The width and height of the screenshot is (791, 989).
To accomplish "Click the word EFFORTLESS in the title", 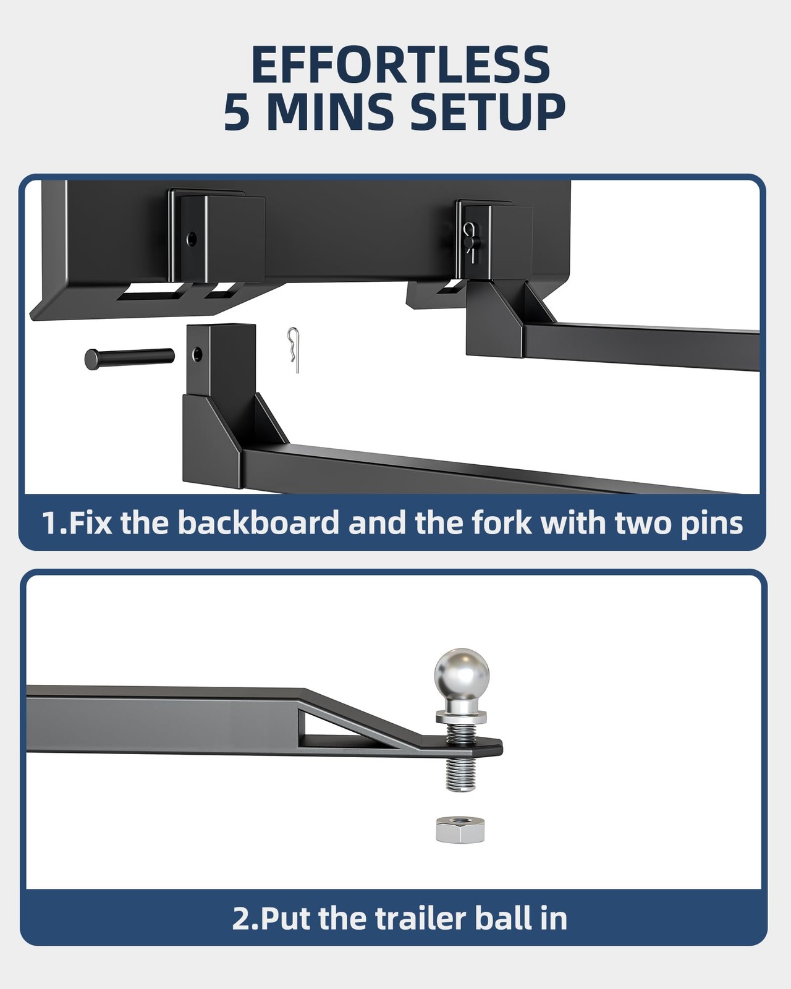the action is pyautogui.click(x=400, y=65).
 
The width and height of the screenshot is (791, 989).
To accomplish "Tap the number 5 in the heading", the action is pyautogui.click(x=238, y=112).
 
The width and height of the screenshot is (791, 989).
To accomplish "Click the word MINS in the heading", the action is pyautogui.click(x=330, y=112).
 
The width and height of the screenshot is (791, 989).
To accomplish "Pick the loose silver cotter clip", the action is pyautogui.click(x=294, y=350).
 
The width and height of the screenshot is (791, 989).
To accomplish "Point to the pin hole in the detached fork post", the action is pyautogui.click(x=197, y=354).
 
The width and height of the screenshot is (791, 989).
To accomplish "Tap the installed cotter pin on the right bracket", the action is pyautogui.click(x=471, y=240).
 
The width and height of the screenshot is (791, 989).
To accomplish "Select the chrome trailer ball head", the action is pyautogui.click(x=462, y=675).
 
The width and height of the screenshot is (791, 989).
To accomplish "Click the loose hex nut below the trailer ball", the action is pyautogui.click(x=460, y=830).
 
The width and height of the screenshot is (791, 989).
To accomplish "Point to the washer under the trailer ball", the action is pyautogui.click(x=461, y=717).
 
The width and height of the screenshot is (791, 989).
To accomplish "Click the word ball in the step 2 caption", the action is pyautogui.click(x=505, y=919).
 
